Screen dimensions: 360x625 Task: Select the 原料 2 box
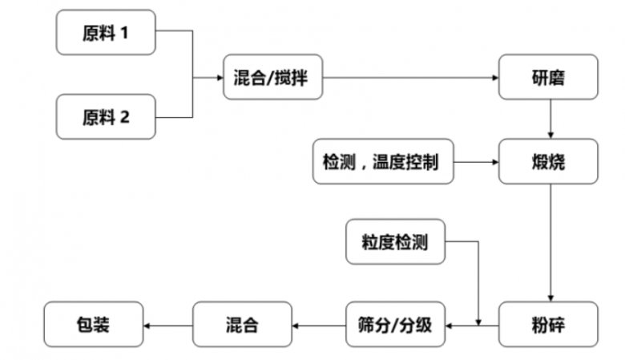pyautogui.click(x=106, y=116)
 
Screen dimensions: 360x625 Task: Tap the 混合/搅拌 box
pyautogui.click(x=272, y=78)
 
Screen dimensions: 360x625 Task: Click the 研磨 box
pyautogui.click(x=549, y=78)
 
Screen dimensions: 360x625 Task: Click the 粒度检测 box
pyautogui.click(x=395, y=241)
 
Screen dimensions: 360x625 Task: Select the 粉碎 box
pyautogui.click(x=549, y=325)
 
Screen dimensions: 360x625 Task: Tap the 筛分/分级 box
pyautogui.click(x=395, y=325)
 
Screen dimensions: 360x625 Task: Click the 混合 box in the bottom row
pyautogui.click(x=241, y=325)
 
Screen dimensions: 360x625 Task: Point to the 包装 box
pyautogui.click(x=93, y=325)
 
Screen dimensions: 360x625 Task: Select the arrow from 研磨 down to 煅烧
pyautogui.click(x=550, y=119)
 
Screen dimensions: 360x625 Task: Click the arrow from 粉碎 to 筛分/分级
pyautogui.click(x=473, y=325)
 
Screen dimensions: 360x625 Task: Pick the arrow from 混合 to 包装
pyautogui.click(x=168, y=325)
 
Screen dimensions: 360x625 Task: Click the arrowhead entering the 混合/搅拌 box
pyautogui.click(x=219, y=78)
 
